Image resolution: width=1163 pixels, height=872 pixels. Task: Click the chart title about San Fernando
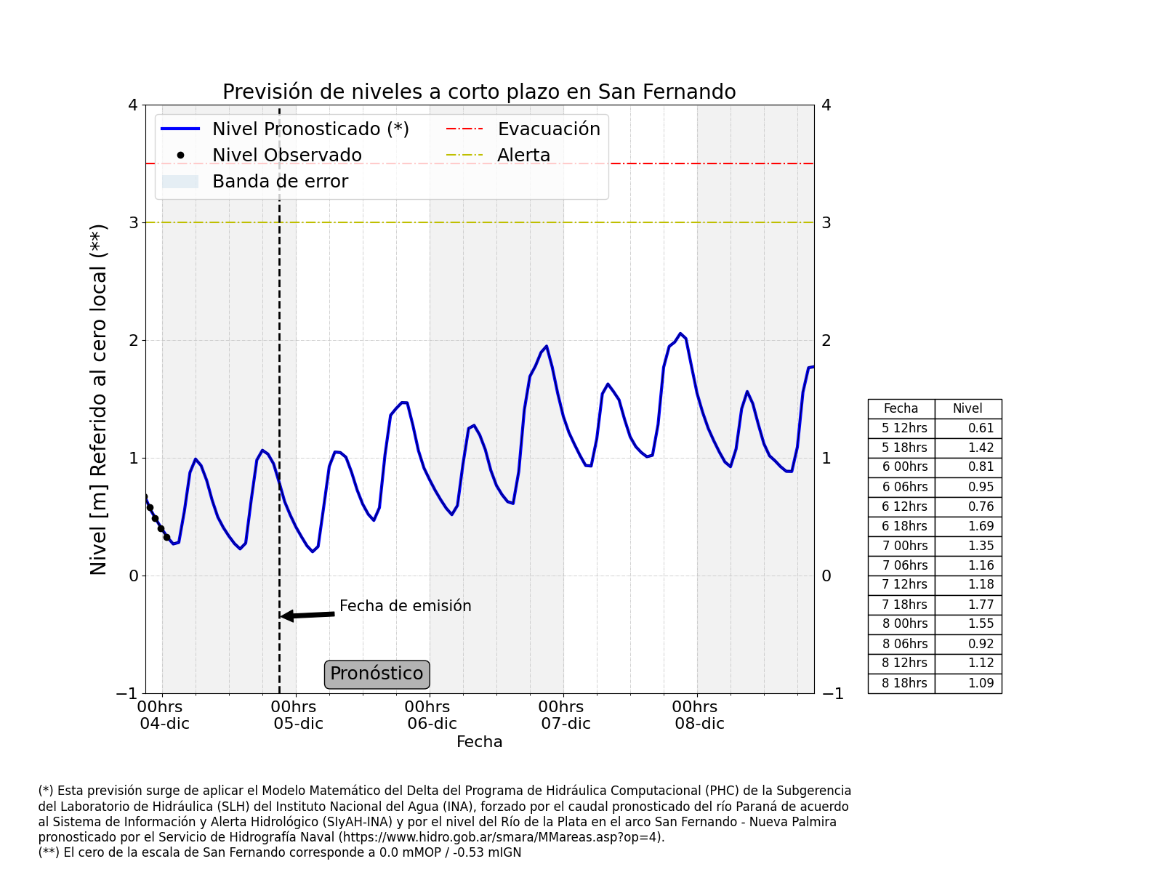[479, 92]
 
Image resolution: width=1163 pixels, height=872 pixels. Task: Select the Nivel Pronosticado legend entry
[310, 129]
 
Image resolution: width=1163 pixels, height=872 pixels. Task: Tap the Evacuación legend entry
[549, 129]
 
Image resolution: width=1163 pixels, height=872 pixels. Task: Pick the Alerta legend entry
[523, 156]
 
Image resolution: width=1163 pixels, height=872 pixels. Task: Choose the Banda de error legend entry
[280, 182]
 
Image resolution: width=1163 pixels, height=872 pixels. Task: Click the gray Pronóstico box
[377, 674]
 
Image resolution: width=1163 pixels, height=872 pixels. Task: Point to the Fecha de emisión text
[406, 606]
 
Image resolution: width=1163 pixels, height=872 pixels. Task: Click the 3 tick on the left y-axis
[134, 222]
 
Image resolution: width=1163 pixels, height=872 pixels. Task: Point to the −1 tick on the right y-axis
[832, 693]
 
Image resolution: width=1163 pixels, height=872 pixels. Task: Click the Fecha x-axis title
[479, 742]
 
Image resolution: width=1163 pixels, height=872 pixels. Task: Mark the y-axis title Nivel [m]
[99, 399]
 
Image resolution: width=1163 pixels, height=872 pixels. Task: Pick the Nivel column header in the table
[967, 408]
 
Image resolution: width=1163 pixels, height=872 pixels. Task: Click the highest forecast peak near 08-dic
[680, 334]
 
